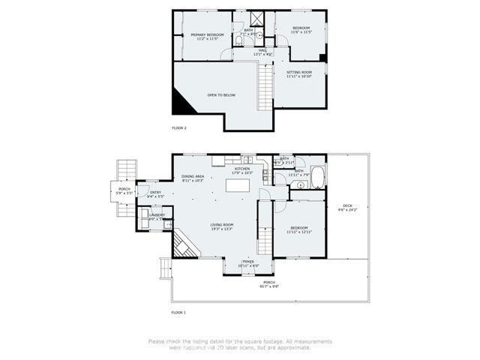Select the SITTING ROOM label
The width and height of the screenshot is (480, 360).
[x=300, y=72]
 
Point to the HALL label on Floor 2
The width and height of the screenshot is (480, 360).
[x=262, y=50]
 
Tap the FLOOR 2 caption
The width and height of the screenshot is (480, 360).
[x=179, y=128]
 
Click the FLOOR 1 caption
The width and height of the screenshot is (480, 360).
[x=178, y=311]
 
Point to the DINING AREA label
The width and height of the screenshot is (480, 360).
[x=193, y=176]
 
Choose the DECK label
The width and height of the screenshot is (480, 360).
[x=347, y=205]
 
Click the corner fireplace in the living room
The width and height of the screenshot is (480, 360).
[x=182, y=245]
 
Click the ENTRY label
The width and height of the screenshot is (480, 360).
[x=155, y=193]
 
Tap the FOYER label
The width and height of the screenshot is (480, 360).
[x=247, y=262]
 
